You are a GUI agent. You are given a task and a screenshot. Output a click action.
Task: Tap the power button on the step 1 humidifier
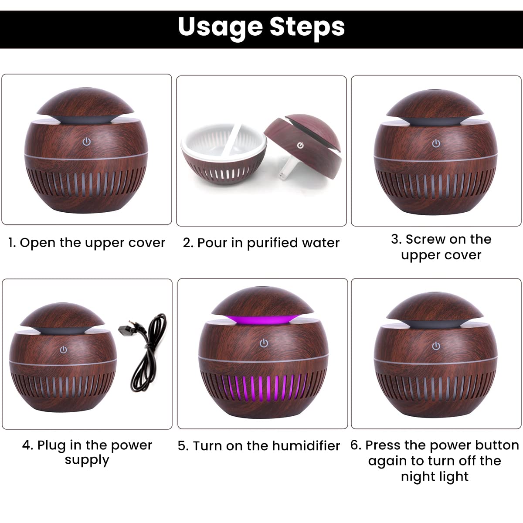tap(87, 142)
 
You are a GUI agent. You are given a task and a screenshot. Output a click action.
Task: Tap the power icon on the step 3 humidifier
tap(436, 143)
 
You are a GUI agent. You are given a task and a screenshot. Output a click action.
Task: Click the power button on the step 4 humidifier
tap(64, 350)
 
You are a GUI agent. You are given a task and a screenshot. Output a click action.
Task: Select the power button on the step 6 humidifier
tap(436, 346)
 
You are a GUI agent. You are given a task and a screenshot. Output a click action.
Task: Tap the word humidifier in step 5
tap(306, 446)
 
